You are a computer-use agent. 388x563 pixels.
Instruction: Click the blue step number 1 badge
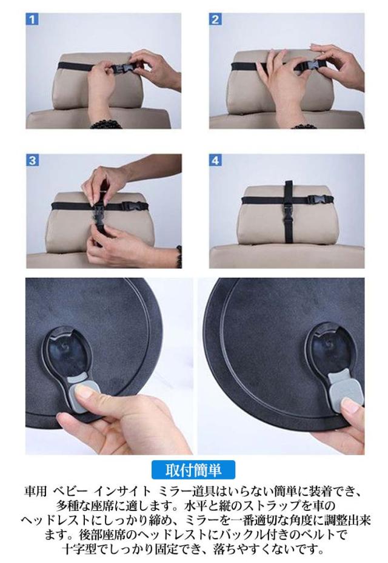[32, 19]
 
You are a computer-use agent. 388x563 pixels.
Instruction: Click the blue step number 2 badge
[215, 19]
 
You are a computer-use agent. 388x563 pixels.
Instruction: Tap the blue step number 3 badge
[32, 160]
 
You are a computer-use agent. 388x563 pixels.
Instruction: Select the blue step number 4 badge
[215, 160]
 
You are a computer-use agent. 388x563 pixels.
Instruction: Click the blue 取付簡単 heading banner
[193, 470]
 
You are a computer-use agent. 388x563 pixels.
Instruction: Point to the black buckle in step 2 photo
[306, 66]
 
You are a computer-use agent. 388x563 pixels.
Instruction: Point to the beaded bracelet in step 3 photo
[179, 256]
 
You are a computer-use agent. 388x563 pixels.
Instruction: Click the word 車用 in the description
[36, 491]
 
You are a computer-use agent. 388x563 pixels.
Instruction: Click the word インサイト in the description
[122, 491]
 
